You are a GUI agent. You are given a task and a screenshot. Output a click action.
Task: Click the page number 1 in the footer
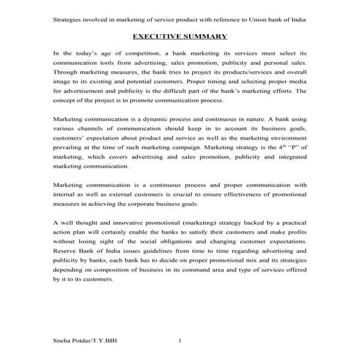tap(180, 340)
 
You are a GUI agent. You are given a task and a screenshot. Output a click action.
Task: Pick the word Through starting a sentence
tap(65, 73)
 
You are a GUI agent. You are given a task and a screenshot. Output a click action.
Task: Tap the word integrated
tap(286, 157)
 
